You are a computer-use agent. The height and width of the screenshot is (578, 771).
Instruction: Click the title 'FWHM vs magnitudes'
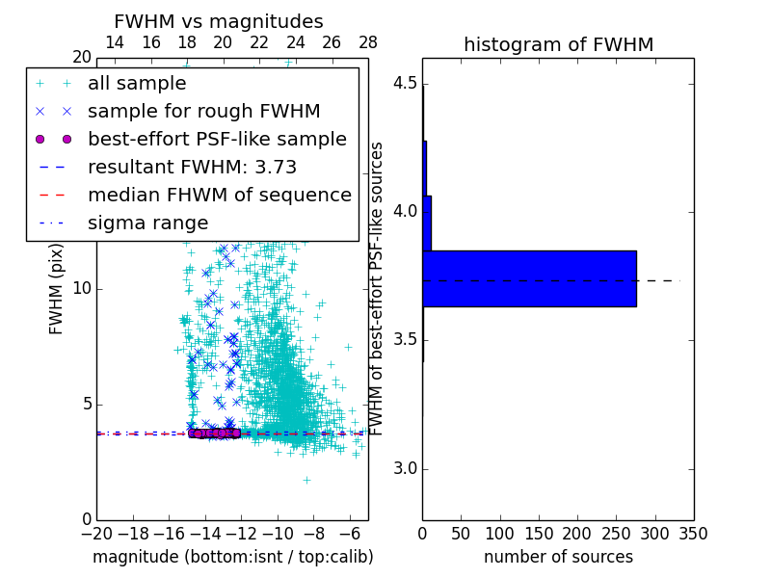219,21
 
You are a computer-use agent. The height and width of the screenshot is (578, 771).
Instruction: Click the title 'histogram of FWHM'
558,44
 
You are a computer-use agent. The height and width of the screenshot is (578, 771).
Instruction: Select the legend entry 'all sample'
137,84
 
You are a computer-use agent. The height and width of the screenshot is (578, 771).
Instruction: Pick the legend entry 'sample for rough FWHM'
203,112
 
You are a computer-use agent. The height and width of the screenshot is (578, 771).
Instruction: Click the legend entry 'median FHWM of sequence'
219,195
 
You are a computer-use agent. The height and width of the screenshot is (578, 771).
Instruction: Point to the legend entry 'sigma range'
147,223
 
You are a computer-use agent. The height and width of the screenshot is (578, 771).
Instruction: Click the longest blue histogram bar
529,278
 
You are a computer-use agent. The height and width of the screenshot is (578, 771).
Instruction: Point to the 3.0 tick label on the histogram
406,468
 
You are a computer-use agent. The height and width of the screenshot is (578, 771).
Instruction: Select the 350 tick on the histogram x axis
694,533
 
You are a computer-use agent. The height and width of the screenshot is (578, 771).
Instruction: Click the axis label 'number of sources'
558,557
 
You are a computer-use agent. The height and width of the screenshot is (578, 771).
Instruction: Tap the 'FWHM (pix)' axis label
57,289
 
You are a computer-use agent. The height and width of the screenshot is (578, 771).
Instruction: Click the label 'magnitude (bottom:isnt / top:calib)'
232,557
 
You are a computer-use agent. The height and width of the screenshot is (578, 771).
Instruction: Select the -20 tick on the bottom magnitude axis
96,533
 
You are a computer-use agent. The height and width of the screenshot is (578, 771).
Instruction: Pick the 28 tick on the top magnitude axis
368,42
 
